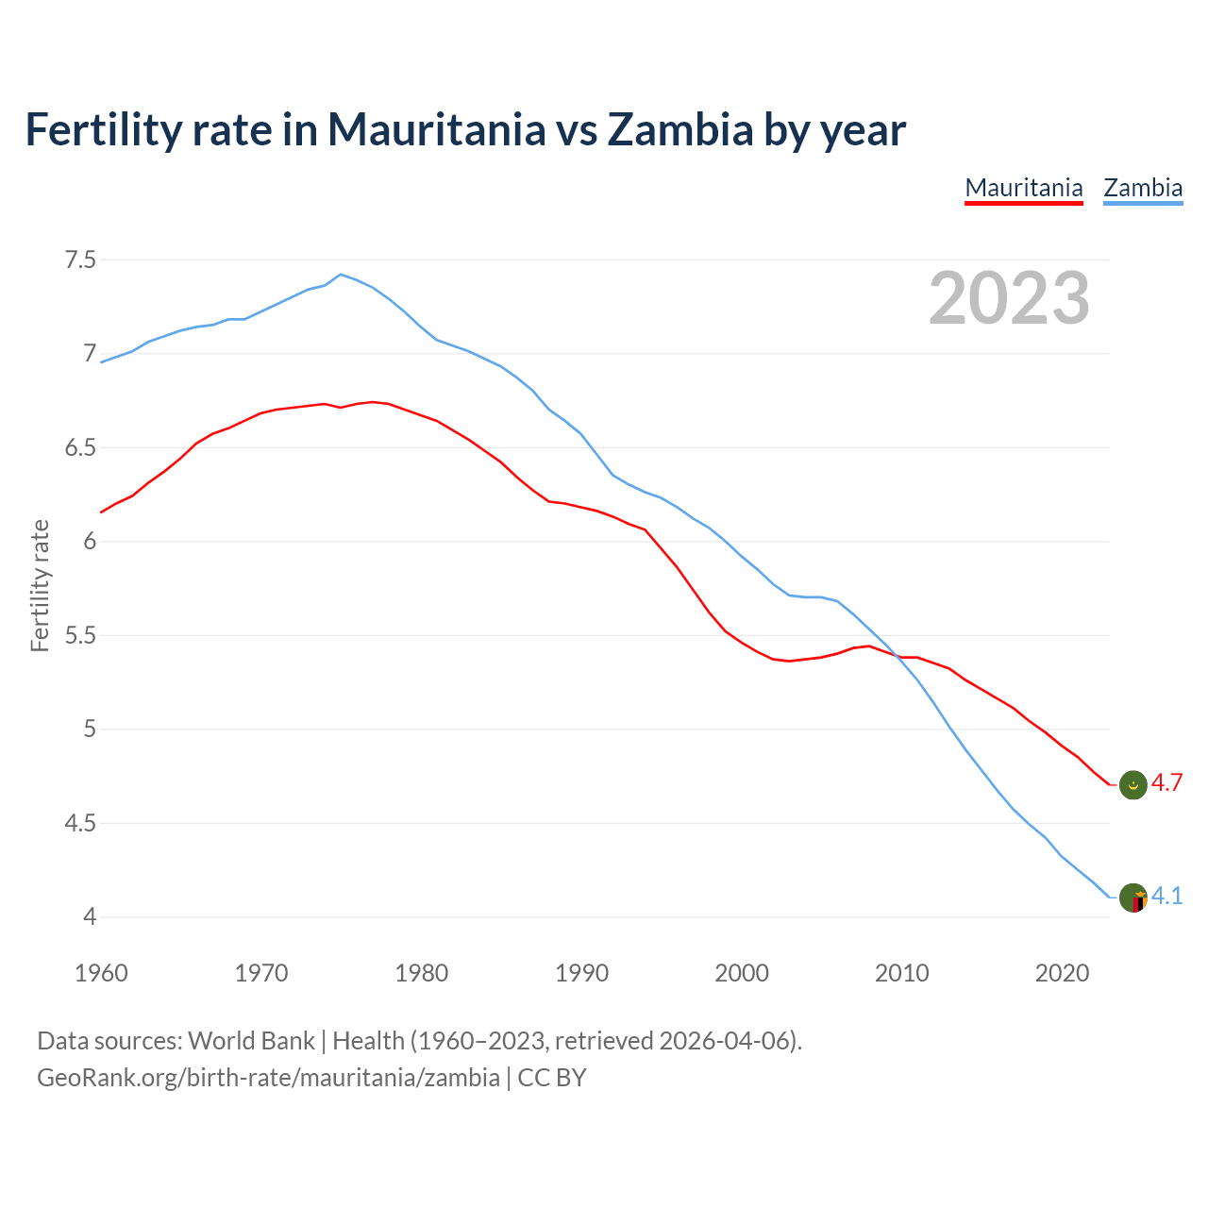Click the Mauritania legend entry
tap(1024, 188)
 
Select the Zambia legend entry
tap(1143, 188)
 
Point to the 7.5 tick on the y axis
tap(80, 260)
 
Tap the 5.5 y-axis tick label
tap(80, 635)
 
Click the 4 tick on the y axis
tap(90, 916)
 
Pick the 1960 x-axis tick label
tap(101, 973)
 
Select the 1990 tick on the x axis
tap(581, 973)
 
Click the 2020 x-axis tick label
tap(1062, 973)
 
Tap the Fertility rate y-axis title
tap(40, 585)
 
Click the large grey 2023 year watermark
tap(1009, 298)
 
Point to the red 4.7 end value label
tap(1166, 783)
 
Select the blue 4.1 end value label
tap(1166, 896)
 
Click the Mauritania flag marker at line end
tap(1132, 784)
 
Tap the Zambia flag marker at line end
tap(1132, 898)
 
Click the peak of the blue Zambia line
tap(341, 275)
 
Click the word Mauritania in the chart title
tap(436, 129)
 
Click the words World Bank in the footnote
tap(251, 1041)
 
